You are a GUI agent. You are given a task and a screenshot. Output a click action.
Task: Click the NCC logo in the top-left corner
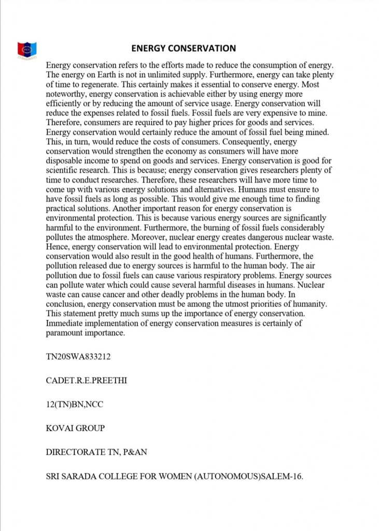pyautogui.click(x=26, y=50)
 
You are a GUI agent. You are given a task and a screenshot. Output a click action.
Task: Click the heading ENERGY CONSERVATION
pyautogui.click(x=184, y=48)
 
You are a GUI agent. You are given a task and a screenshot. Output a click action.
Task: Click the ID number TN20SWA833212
pyautogui.click(x=78, y=357)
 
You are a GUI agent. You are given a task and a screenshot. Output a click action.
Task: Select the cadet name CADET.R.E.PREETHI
pyautogui.click(x=87, y=381)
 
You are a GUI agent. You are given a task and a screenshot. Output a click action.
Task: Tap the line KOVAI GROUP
pyautogui.click(x=75, y=428)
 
